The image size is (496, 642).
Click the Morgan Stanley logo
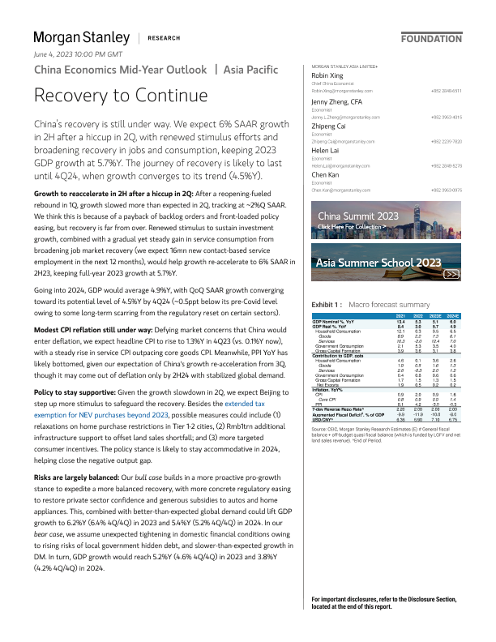tap(81, 37)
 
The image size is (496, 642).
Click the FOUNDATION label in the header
tap(431, 38)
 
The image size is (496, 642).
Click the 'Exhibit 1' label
tap(315, 303)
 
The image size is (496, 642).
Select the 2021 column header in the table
tap(400, 315)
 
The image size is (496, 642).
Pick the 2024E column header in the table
tap(453, 315)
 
